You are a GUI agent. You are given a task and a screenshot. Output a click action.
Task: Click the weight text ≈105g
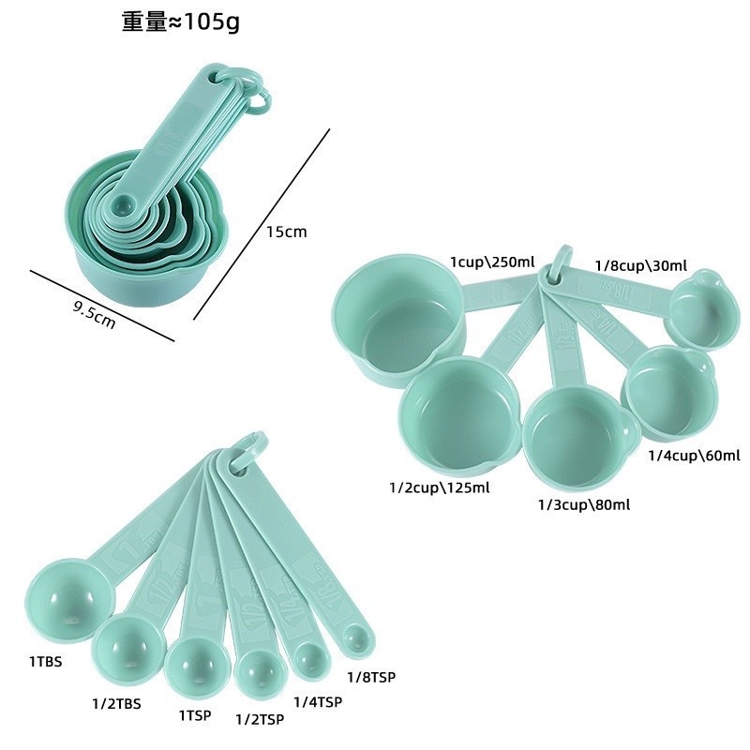click(x=180, y=22)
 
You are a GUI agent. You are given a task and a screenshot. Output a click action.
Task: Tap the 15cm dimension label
click(x=286, y=232)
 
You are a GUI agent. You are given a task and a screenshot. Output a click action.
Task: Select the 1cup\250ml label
click(x=492, y=262)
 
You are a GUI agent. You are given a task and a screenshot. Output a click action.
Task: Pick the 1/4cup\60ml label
click(x=695, y=457)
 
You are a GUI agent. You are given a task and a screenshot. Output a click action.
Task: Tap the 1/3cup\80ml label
click(x=583, y=504)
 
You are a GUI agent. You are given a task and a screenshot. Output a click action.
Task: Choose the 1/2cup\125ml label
click(x=439, y=487)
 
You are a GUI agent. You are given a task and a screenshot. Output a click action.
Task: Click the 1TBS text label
click(x=45, y=661)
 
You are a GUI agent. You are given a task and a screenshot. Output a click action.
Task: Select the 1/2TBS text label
click(x=117, y=704)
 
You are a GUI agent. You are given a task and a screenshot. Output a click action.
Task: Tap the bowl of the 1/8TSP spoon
click(x=356, y=639)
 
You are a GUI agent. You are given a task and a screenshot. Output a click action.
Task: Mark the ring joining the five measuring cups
click(x=561, y=262)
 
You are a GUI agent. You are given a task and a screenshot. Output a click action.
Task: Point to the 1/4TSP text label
click(x=318, y=701)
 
